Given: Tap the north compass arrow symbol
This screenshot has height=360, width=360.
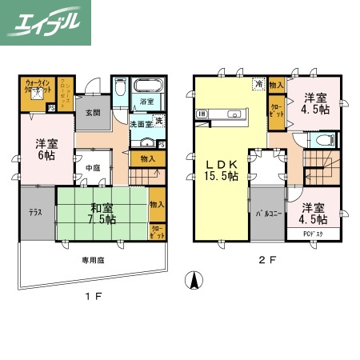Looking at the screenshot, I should coord(192,282).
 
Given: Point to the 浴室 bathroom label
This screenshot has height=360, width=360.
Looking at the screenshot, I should coord(146,102).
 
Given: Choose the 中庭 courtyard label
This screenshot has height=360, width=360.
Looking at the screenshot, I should coord(93,167).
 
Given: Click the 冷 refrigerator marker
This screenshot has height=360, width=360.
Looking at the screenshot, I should coord(258,82).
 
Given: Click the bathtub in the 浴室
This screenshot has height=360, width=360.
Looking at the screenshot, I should coord(146,86).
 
